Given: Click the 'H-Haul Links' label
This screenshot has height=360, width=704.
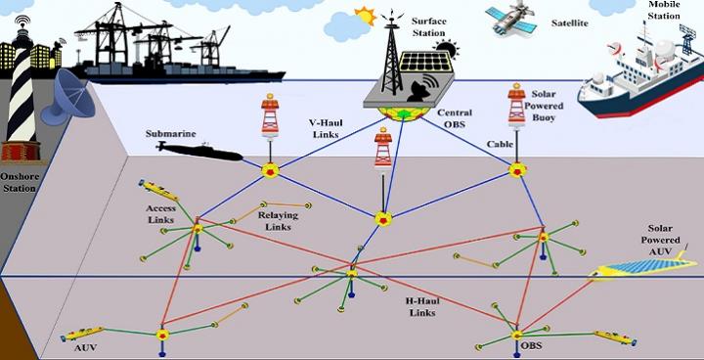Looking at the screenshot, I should pyautogui.click(x=422, y=306).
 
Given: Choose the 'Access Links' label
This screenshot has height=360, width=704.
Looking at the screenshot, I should pyautogui.click(x=161, y=213).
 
